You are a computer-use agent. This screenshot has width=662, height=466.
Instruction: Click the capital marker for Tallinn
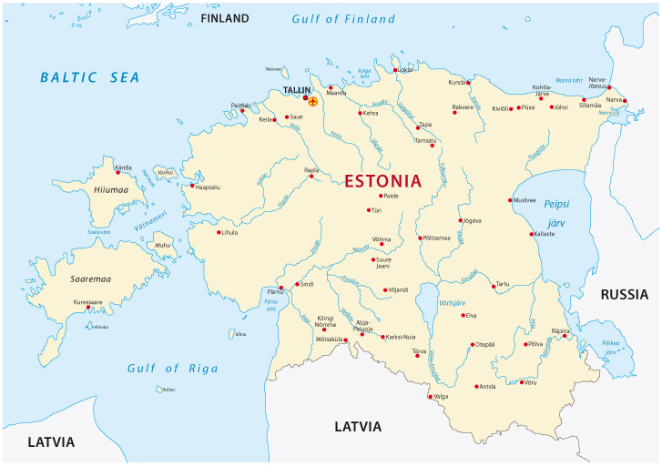(x=312, y=101)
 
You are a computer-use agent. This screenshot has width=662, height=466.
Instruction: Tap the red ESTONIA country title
(x=382, y=180)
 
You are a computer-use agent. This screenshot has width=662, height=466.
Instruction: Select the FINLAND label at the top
(x=224, y=18)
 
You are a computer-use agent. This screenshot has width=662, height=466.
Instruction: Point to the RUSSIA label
(x=624, y=294)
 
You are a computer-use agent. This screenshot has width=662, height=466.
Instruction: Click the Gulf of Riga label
(x=173, y=368)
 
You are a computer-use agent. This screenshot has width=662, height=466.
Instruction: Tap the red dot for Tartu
(x=493, y=285)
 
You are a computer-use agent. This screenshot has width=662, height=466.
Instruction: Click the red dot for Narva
(x=625, y=101)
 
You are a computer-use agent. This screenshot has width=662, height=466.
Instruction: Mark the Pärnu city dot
(x=281, y=288)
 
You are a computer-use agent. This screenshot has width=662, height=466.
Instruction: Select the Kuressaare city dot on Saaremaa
(x=88, y=308)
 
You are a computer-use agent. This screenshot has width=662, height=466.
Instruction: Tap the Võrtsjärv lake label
(x=452, y=301)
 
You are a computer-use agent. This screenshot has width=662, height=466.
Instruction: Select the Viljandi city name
(x=398, y=290)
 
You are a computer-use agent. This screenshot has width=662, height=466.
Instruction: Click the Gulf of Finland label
(x=343, y=19)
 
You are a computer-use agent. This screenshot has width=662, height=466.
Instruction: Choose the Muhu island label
(x=162, y=245)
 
